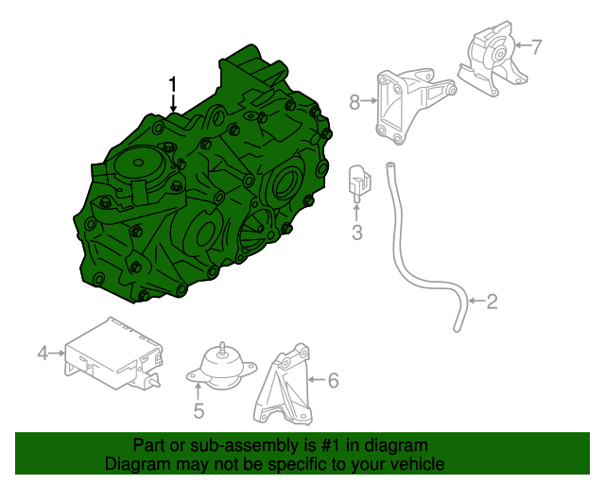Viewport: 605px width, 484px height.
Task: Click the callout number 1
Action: (173, 84)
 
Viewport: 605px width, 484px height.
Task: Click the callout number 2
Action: (492, 302)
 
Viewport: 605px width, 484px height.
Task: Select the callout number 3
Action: (357, 233)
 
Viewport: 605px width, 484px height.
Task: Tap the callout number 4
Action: (43, 354)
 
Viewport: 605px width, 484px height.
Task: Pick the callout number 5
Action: (199, 411)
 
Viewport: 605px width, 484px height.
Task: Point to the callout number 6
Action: (332, 381)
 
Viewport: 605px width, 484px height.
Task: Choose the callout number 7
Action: (536, 45)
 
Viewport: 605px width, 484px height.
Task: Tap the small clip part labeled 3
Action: (358, 184)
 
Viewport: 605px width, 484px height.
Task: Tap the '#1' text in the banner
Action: (323, 445)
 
